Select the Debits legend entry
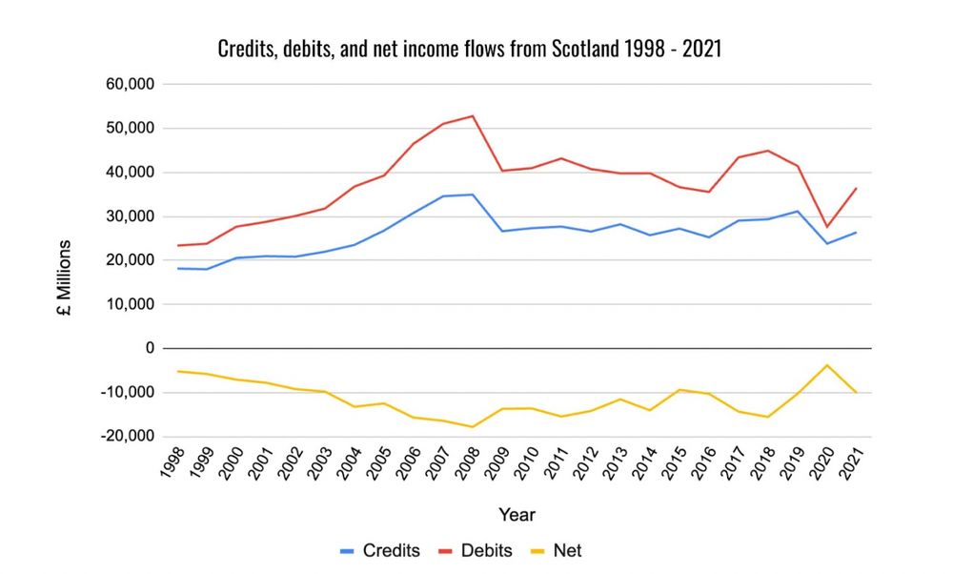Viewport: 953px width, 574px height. [x=476, y=550]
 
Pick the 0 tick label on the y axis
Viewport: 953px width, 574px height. [x=150, y=349]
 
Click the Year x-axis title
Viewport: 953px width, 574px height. [x=517, y=515]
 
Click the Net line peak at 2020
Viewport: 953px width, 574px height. [x=827, y=365]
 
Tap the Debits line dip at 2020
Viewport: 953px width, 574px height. [x=827, y=227]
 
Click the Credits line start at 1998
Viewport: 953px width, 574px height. [x=178, y=269]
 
